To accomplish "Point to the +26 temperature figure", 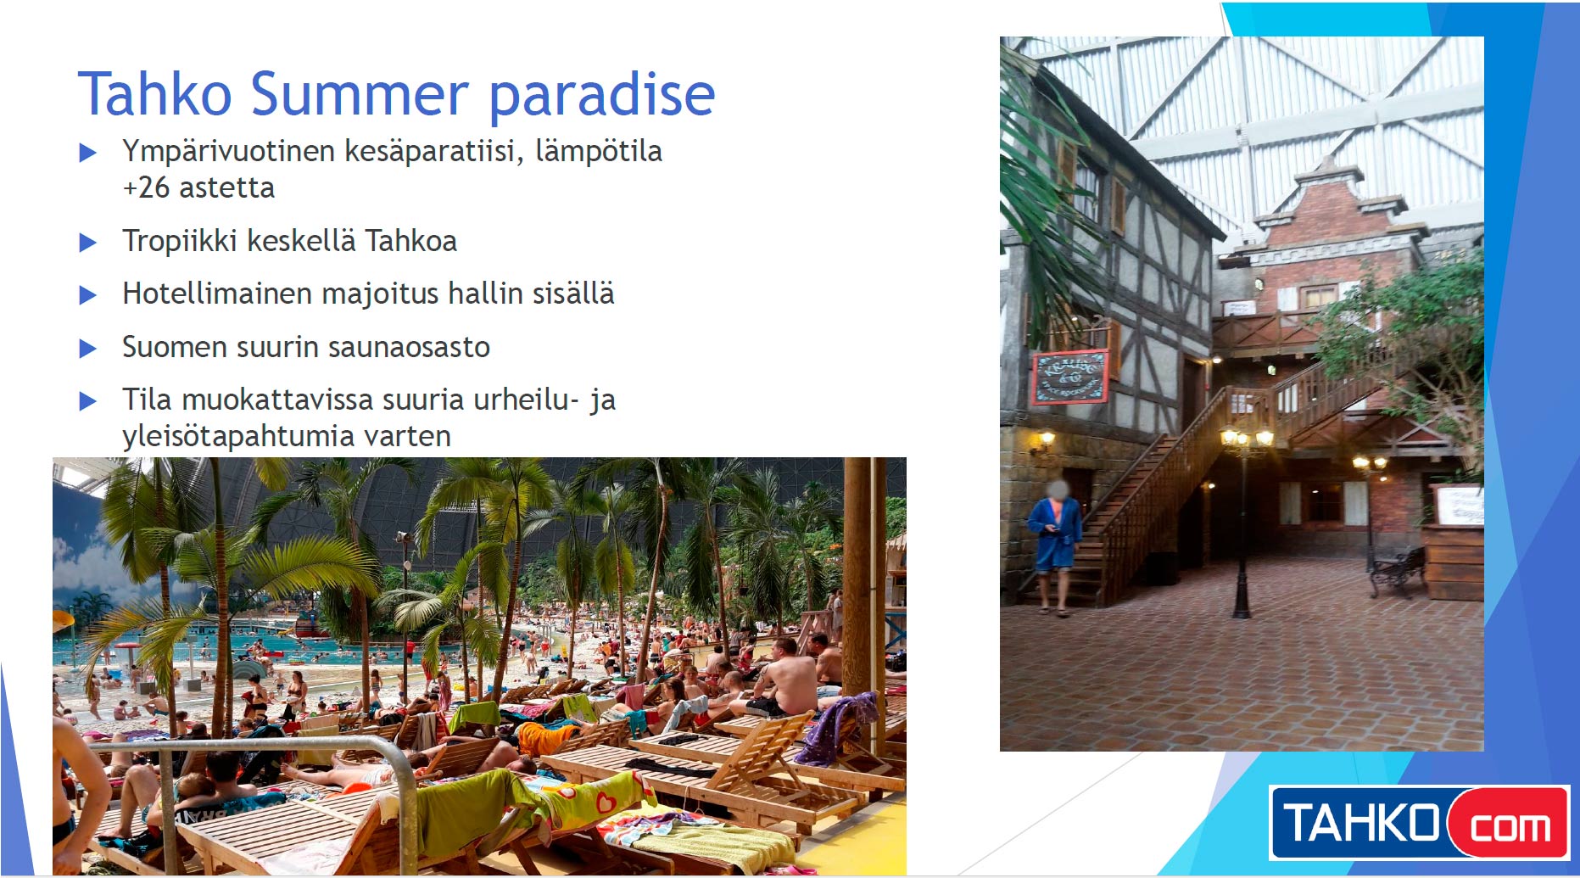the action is (147, 187).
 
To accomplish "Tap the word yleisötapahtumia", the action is (238, 437).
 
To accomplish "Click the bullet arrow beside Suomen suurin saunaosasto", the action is (88, 349).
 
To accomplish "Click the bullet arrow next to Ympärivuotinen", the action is (88, 153).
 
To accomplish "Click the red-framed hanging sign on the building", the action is (1070, 377).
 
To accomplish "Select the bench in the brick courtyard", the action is (1396, 572).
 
